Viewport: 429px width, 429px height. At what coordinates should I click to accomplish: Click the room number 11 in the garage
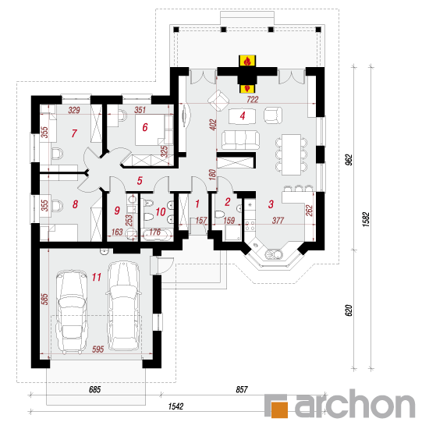point(97,277)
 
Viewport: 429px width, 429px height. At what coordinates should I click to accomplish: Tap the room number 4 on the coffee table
point(243,115)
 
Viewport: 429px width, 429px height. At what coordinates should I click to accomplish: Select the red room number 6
point(145,127)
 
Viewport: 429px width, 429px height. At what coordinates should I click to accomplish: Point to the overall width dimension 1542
point(175,406)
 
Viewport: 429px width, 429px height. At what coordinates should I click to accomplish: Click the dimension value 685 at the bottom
point(95,389)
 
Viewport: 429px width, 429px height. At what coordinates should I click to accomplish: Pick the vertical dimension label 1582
point(366,219)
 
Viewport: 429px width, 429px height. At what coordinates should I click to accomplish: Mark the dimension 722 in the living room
point(252,99)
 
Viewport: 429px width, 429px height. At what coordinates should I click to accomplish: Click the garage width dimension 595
point(98,349)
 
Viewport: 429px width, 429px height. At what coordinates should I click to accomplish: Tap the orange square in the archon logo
point(279,409)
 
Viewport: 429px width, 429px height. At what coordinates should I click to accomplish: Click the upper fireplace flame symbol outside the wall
point(247,61)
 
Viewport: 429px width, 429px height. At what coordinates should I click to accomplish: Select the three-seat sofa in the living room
point(240,140)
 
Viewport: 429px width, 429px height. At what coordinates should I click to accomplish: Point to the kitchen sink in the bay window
point(273,255)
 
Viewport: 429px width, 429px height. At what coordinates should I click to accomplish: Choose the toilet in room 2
point(220,214)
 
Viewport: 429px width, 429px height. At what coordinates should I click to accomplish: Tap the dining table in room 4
point(292,154)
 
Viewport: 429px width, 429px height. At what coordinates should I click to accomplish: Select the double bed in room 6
point(154,130)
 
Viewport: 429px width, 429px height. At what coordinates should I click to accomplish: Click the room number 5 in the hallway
point(140,181)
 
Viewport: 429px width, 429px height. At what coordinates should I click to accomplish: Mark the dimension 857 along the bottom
point(242,389)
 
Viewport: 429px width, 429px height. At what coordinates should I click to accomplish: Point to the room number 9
point(117,211)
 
